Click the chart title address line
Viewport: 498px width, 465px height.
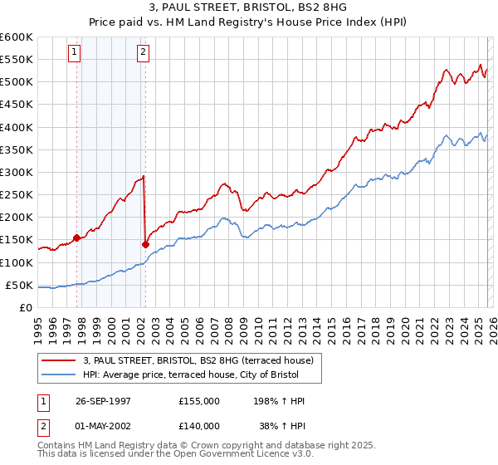(x=249, y=8)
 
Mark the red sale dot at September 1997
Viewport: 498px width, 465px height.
(x=77, y=237)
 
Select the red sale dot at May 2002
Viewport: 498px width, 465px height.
(x=145, y=244)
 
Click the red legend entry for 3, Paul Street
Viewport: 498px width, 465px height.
(x=198, y=360)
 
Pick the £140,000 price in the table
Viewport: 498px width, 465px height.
(x=199, y=425)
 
